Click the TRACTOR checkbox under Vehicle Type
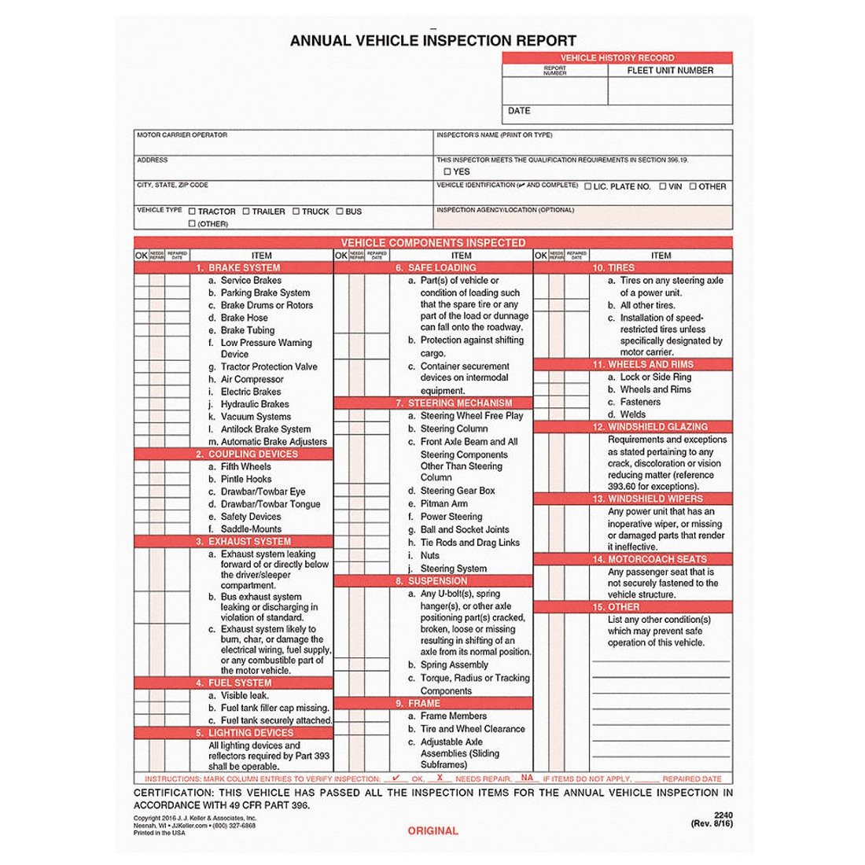(x=193, y=211)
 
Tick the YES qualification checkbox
(x=447, y=171)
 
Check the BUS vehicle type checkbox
(x=340, y=211)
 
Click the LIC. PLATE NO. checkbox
(x=587, y=186)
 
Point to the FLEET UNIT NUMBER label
(x=670, y=70)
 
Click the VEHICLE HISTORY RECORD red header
(x=617, y=58)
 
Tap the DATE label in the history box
(x=519, y=111)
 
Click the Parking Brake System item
(x=265, y=293)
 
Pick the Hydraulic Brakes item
(x=255, y=404)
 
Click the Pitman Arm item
(x=444, y=503)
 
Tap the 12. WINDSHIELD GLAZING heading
(x=657, y=427)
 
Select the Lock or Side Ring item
(x=655, y=377)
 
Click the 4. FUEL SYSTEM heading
(x=239, y=683)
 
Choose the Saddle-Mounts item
(x=251, y=529)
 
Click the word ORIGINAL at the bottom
(x=432, y=830)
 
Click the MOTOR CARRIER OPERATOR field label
(x=182, y=135)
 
